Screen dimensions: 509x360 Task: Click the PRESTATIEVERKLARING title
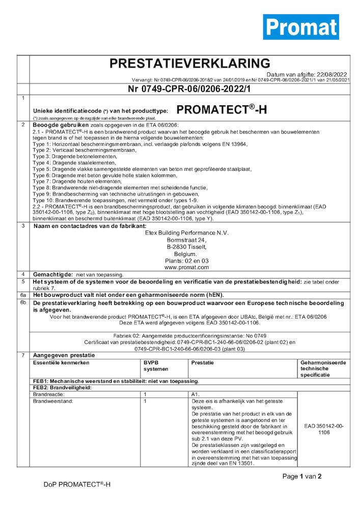pyautogui.click(x=190, y=64)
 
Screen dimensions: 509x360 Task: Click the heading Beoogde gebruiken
pyautogui.click(x=61, y=125)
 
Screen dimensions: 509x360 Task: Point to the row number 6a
pyautogui.click(x=22, y=295)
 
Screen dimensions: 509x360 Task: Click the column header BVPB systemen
pyautogui.click(x=155, y=365)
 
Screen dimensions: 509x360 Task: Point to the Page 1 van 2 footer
pyautogui.click(x=302, y=476)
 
